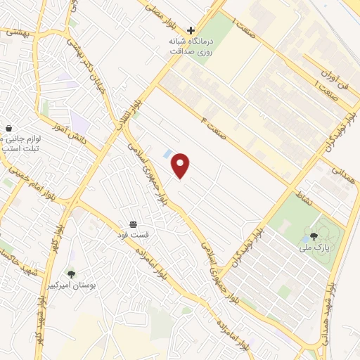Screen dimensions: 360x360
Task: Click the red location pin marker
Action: coord(181,165)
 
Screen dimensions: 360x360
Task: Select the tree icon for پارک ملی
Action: coord(314,236)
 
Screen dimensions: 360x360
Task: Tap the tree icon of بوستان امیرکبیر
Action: coord(71,274)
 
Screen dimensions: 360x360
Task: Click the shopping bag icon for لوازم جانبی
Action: coord(8,129)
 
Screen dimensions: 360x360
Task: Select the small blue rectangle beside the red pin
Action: coord(167,153)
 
